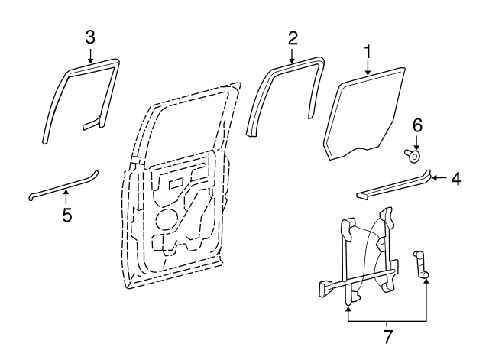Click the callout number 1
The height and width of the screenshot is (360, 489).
coord(368,52)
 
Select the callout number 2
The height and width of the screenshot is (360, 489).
coord(293,38)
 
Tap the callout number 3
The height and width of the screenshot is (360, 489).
coord(90,37)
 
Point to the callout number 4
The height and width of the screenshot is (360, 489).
coord(456,179)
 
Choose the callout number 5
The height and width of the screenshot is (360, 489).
coord(67,215)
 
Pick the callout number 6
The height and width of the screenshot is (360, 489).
coord(417,125)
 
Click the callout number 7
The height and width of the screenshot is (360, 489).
coord(387,336)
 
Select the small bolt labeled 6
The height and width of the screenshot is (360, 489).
coord(412,155)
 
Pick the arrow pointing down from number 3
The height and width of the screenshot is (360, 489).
coord(90,56)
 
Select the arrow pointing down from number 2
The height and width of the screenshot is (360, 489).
coord(292,56)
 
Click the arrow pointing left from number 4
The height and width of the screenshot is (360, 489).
coord(440,178)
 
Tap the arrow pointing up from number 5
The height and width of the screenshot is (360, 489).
coord(66,197)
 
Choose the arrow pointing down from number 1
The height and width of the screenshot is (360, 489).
coord(368,68)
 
